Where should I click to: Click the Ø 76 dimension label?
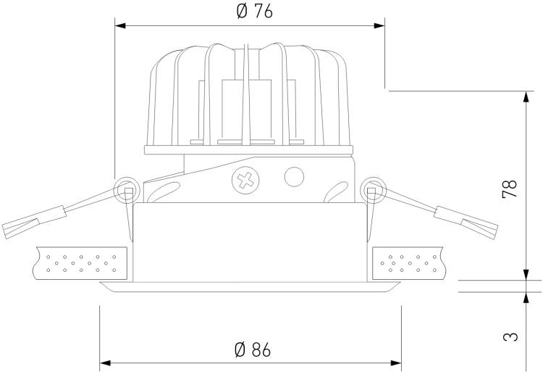click(255, 12)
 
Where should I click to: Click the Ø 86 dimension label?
click(253, 350)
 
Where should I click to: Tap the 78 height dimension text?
click(510, 189)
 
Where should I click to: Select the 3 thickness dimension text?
click(510, 336)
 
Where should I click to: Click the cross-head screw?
click(245, 181)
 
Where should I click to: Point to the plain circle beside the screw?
click(295, 176)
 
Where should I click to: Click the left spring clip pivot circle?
click(127, 190)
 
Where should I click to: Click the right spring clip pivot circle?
click(373, 190)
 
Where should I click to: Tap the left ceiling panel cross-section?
click(80, 263)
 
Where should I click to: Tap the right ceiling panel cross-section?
click(408, 263)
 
